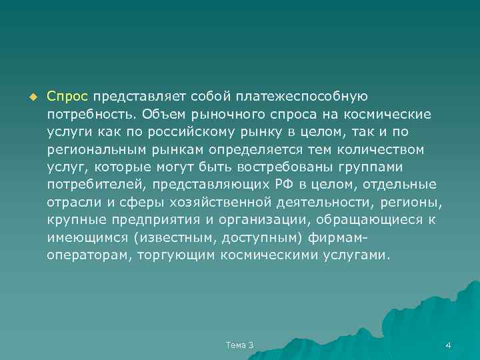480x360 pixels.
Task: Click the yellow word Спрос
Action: [x=67, y=97]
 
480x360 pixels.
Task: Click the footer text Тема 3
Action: [x=240, y=345]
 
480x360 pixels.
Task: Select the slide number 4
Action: [x=448, y=345]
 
